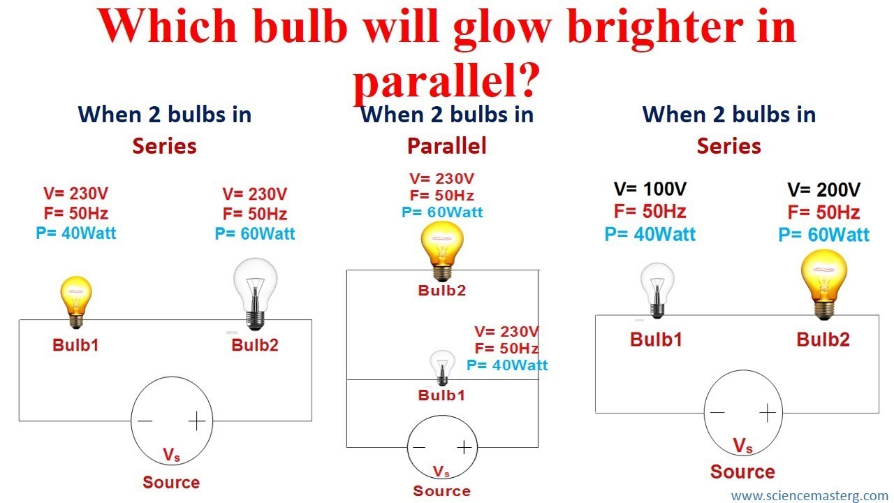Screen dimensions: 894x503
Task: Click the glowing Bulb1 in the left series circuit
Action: (x=76, y=302)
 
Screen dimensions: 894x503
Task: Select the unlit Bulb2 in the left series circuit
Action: (x=256, y=294)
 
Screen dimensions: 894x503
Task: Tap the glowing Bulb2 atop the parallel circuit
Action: (x=442, y=251)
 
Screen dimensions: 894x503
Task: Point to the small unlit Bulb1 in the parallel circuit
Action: (x=442, y=367)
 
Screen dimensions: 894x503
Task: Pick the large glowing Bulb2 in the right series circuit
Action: (x=823, y=284)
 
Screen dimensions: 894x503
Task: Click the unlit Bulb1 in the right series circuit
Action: (x=657, y=290)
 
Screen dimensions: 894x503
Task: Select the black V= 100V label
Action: (x=650, y=189)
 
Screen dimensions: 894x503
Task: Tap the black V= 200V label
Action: (x=823, y=189)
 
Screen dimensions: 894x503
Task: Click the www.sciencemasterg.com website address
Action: (x=809, y=495)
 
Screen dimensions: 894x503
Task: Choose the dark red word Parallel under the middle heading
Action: (x=446, y=146)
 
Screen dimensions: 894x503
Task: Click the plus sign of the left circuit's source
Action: (x=197, y=421)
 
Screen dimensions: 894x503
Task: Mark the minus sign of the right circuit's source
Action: (x=717, y=412)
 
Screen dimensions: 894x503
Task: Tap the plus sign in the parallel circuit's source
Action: (x=464, y=447)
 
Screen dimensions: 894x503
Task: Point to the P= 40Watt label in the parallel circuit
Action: (x=507, y=365)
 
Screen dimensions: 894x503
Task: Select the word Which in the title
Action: (x=168, y=24)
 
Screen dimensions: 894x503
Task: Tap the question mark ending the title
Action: (x=526, y=80)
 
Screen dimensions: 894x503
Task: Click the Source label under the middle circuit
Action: (x=442, y=490)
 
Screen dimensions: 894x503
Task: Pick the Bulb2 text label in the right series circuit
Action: (x=823, y=340)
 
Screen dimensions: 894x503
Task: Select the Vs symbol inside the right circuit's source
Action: (x=742, y=446)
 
